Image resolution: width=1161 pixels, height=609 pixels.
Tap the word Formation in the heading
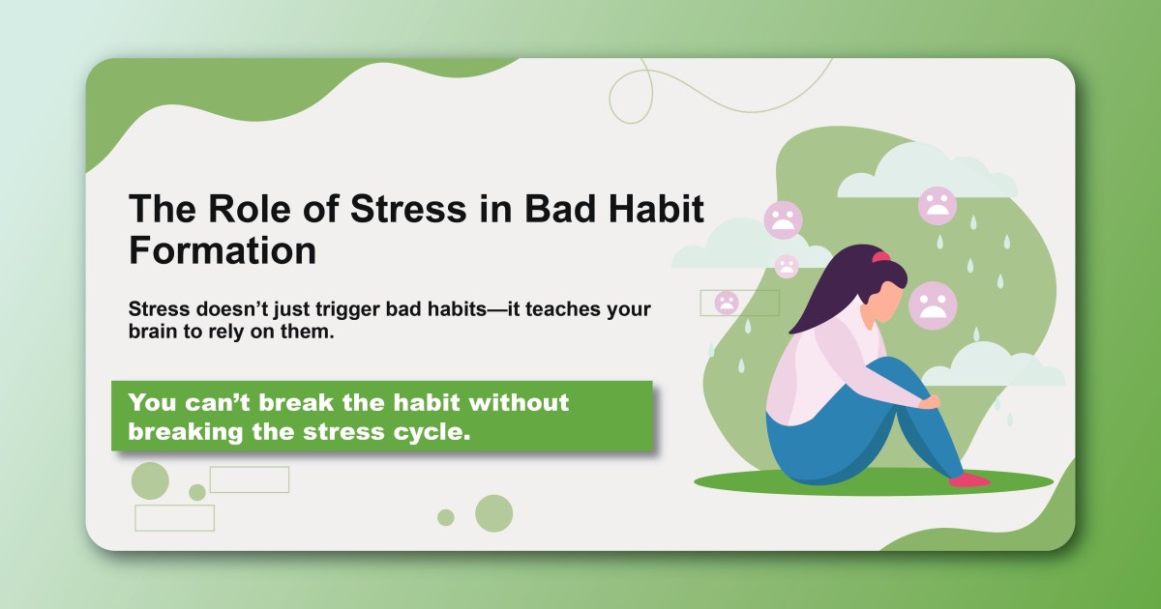223,250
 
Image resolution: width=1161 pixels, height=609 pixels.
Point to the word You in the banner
151,401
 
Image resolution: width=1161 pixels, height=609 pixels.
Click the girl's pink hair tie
880,257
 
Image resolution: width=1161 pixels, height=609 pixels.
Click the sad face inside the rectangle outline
726,303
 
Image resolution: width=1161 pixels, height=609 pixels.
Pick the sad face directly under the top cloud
937,206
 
